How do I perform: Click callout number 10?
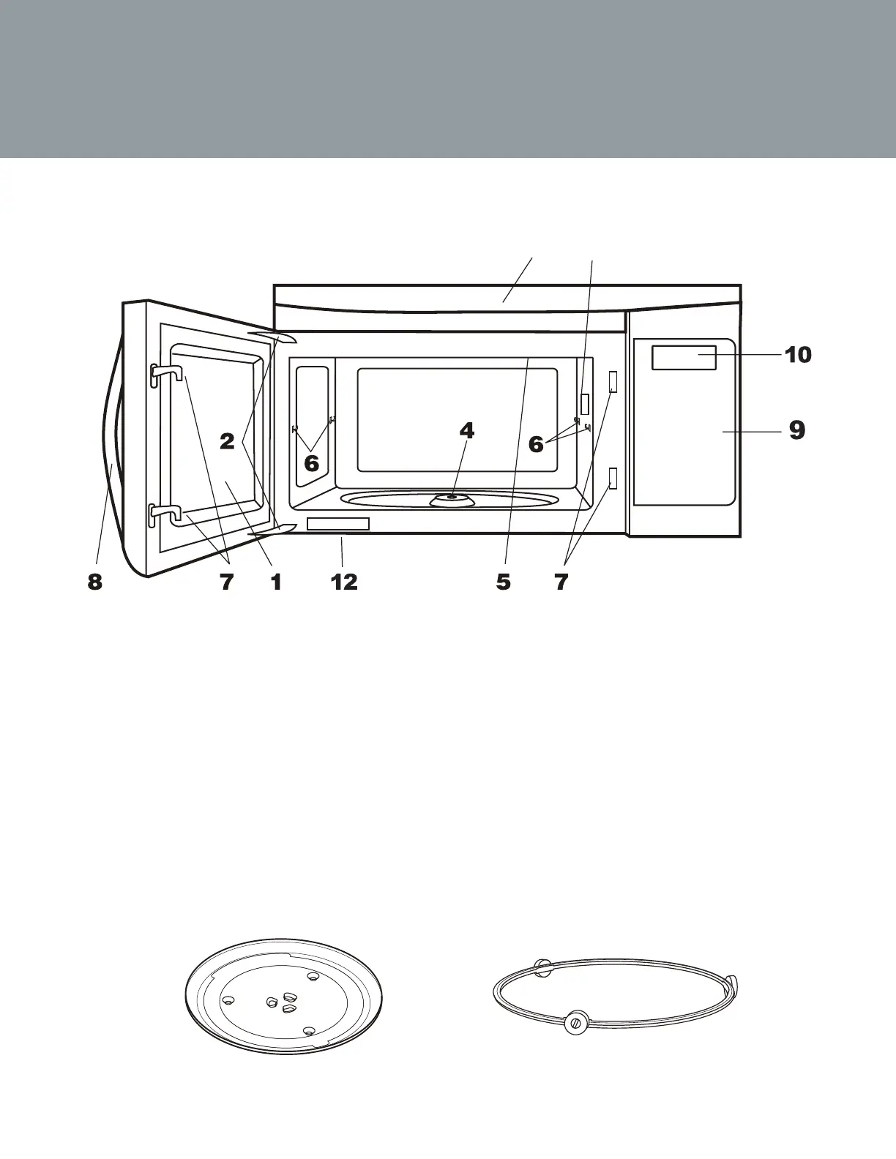(x=798, y=355)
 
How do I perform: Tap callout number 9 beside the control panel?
(x=797, y=430)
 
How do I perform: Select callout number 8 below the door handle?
(x=94, y=582)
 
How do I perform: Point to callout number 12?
(x=344, y=582)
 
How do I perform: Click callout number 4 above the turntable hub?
(x=466, y=431)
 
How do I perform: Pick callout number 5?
(x=503, y=582)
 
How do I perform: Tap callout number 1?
(x=276, y=582)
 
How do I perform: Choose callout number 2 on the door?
(x=228, y=441)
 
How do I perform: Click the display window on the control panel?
(x=684, y=357)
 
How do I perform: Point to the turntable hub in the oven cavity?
(x=451, y=498)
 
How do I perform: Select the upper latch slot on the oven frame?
(x=613, y=380)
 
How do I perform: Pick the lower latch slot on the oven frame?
(x=613, y=479)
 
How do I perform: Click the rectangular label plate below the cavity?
(x=338, y=523)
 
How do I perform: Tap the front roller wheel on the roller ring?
(x=576, y=1023)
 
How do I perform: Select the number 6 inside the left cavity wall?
(x=312, y=463)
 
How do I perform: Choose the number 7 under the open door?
(x=227, y=582)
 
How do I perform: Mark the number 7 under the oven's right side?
(x=561, y=582)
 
